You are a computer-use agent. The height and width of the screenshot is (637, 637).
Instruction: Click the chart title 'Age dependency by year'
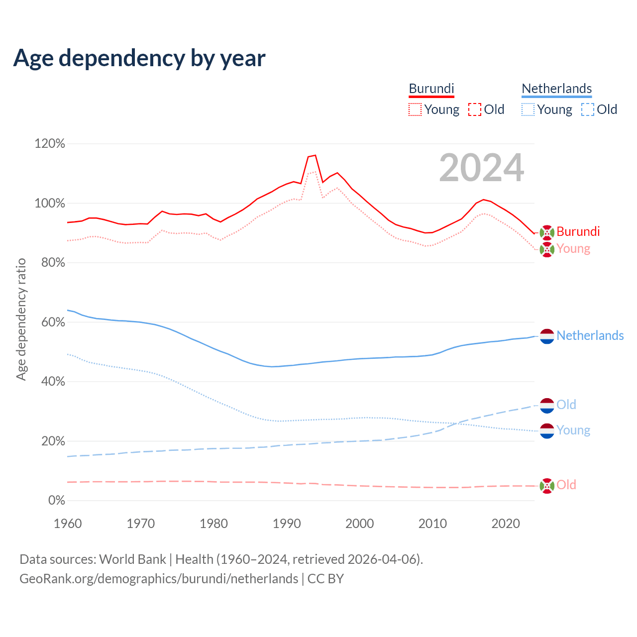[139, 58]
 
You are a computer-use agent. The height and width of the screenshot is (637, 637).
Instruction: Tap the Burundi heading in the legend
[431, 89]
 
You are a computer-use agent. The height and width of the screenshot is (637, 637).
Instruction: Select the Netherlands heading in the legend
[556, 89]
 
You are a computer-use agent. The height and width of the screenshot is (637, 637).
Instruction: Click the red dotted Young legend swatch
[415, 109]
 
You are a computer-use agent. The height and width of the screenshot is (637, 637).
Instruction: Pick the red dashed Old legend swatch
[475, 109]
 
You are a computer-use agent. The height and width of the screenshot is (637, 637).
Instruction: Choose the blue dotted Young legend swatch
[528, 109]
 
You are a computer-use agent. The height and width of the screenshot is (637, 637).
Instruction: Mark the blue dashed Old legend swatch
[588, 109]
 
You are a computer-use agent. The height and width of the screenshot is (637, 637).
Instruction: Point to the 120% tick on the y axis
[50, 144]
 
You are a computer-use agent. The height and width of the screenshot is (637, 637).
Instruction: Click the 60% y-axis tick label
[53, 322]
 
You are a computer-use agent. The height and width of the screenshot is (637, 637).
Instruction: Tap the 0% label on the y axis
[56, 501]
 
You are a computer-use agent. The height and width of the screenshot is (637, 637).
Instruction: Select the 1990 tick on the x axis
[287, 524]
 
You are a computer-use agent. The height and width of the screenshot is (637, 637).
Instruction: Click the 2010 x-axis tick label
[432, 524]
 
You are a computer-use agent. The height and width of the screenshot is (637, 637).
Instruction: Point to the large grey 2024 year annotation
[481, 168]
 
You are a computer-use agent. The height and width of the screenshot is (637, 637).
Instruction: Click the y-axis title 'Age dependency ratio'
[21, 319]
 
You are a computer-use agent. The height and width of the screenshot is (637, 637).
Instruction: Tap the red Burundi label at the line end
[578, 231]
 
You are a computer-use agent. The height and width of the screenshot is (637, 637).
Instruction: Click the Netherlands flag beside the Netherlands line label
[547, 336]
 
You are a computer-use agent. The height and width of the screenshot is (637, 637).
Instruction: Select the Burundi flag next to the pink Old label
[547, 485]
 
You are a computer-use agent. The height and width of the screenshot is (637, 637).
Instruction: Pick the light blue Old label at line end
[566, 405]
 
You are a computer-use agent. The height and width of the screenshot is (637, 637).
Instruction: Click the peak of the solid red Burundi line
[315, 155]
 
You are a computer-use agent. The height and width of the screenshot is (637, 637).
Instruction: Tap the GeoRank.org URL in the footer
[159, 579]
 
